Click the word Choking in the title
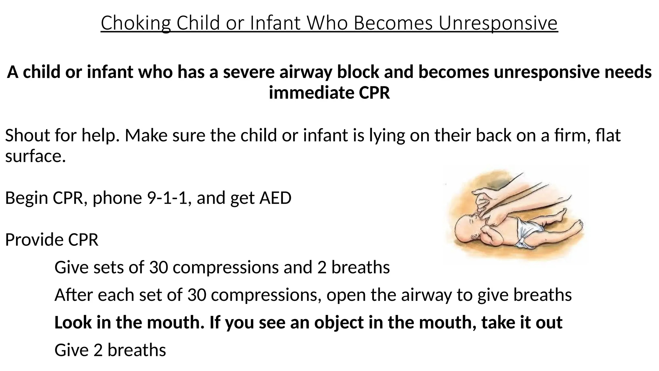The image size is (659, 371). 135,23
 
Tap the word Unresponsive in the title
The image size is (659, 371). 498,23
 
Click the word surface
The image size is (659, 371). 35,156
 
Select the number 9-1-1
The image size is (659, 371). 167,198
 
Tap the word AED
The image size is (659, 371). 275,198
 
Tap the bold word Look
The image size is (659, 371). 74,322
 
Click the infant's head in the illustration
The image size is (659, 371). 468,227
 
